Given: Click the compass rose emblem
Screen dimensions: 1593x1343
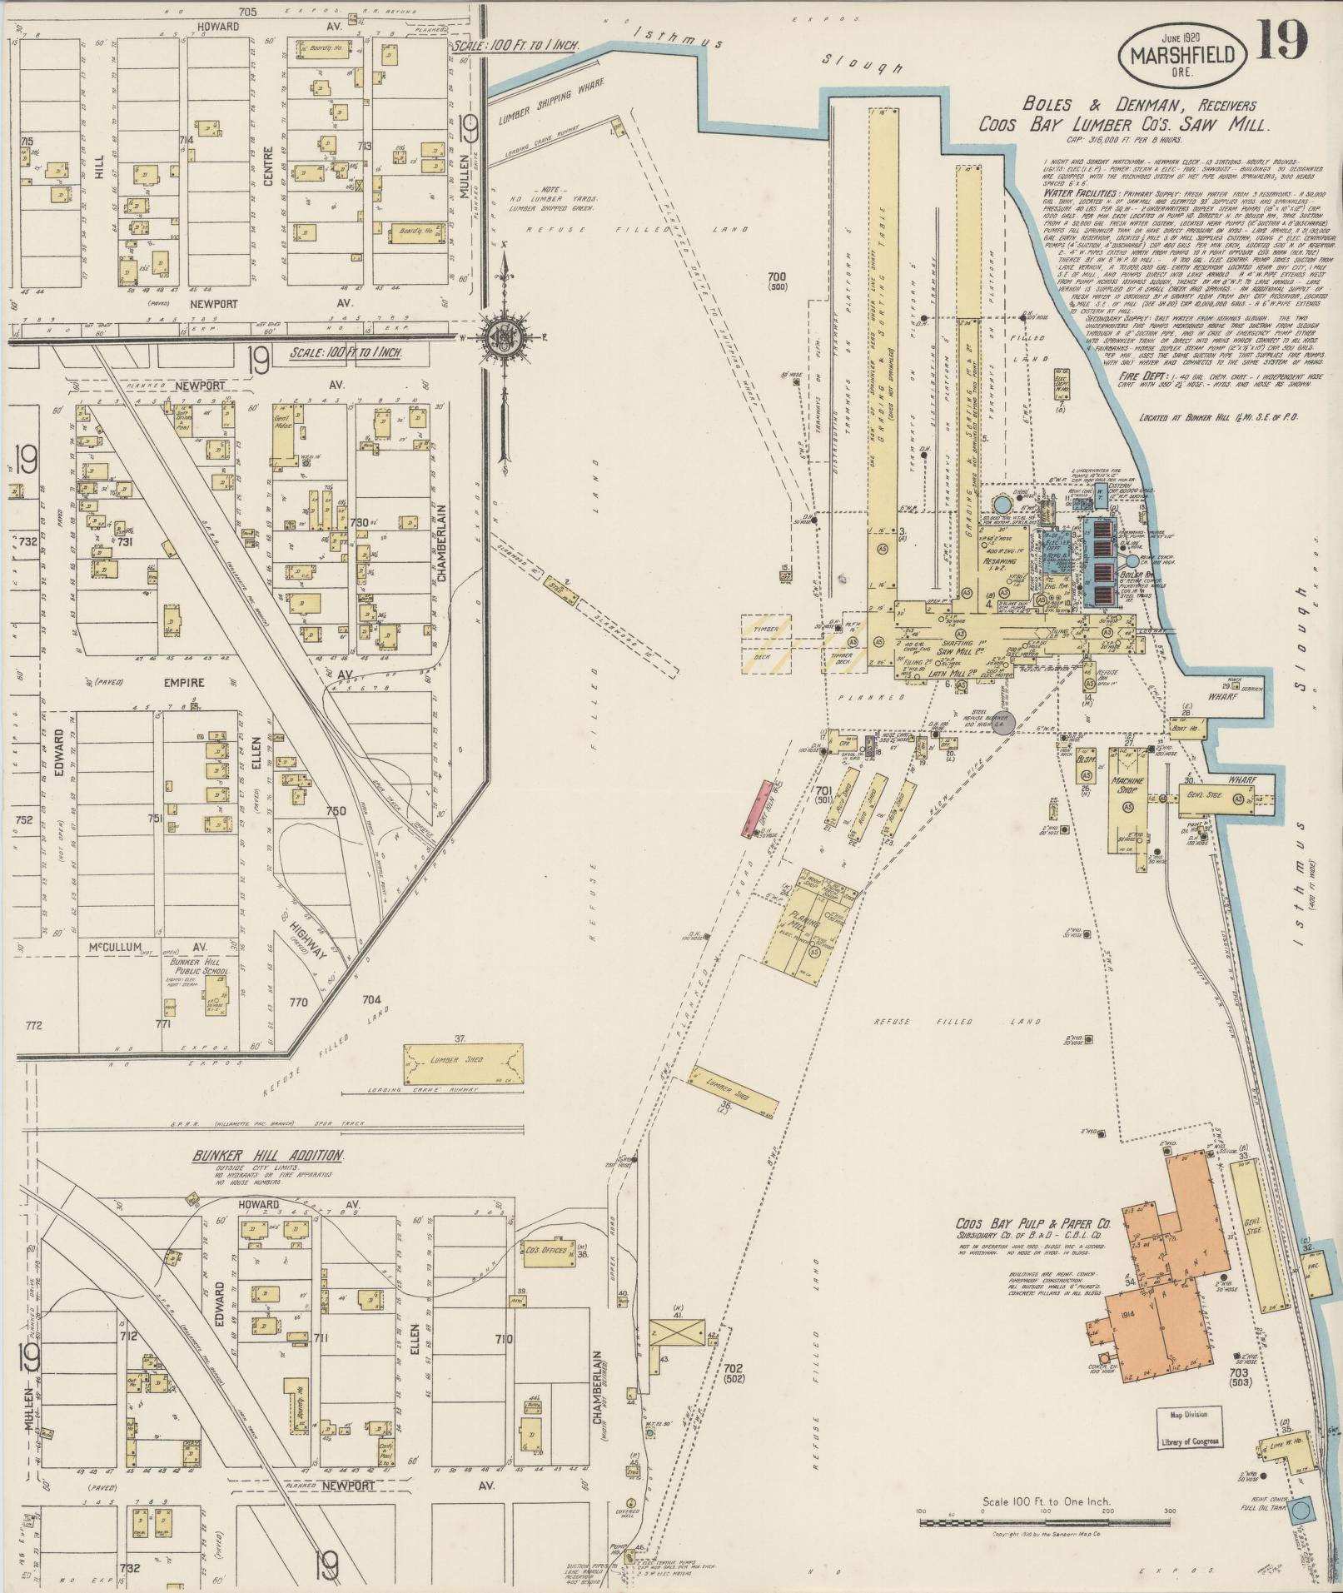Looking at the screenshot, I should pyautogui.click(x=504, y=336).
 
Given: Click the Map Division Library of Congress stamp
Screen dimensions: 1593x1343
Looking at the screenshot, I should pyautogui.click(x=1188, y=1427).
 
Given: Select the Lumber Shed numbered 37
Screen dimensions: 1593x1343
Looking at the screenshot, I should pyautogui.click(x=463, y=1061).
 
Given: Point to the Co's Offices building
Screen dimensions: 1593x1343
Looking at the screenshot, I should pyautogui.click(x=547, y=1250).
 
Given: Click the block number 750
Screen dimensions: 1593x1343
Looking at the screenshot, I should pyautogui.click(x=336, y=810).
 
